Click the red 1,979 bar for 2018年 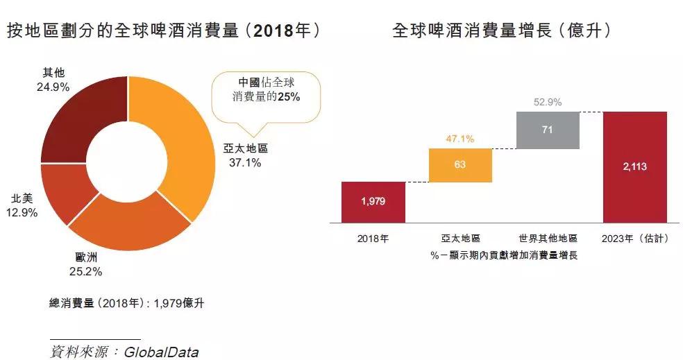pos(373,202)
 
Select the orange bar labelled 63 pos(460,165)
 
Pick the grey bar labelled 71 pos(548,130)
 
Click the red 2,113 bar pos(635,166)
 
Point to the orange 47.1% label pos(459,139)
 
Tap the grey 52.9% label pos(548,103)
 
